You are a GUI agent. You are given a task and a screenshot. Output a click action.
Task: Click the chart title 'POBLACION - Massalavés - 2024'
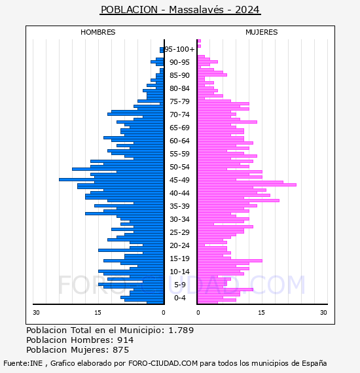(180, 10)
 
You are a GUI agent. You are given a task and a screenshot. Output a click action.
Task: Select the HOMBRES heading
(98, 32)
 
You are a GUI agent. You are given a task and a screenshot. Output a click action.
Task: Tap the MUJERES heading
(262, 32)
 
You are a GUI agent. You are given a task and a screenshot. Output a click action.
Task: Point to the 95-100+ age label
(179, 49)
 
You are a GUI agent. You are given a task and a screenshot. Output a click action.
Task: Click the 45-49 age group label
(179, 180)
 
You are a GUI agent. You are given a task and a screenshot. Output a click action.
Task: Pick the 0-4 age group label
(179, 298)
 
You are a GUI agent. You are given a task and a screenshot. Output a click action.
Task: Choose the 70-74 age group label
(179, 115)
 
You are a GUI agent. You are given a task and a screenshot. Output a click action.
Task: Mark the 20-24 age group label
(179, 245)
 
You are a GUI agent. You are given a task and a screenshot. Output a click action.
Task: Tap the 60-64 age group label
(179, 141)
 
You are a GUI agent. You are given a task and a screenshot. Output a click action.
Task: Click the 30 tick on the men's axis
(36, 313)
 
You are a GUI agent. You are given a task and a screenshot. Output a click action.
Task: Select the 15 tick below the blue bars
(98, 313)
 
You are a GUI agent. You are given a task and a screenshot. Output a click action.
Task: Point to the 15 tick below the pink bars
(262, 313)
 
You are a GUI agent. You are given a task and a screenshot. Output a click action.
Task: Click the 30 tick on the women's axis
(323, 313)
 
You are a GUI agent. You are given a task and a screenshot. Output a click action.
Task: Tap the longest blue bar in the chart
(111, 179)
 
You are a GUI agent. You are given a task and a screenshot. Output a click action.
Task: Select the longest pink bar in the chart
(247, 185)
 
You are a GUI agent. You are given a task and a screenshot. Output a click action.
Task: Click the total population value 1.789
(181, 330)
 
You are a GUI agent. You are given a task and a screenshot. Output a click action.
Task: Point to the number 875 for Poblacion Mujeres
(120, 350)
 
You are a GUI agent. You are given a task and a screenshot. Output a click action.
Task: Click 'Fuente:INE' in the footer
(23, 363)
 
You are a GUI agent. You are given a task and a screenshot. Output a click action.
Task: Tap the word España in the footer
(314, 364)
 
